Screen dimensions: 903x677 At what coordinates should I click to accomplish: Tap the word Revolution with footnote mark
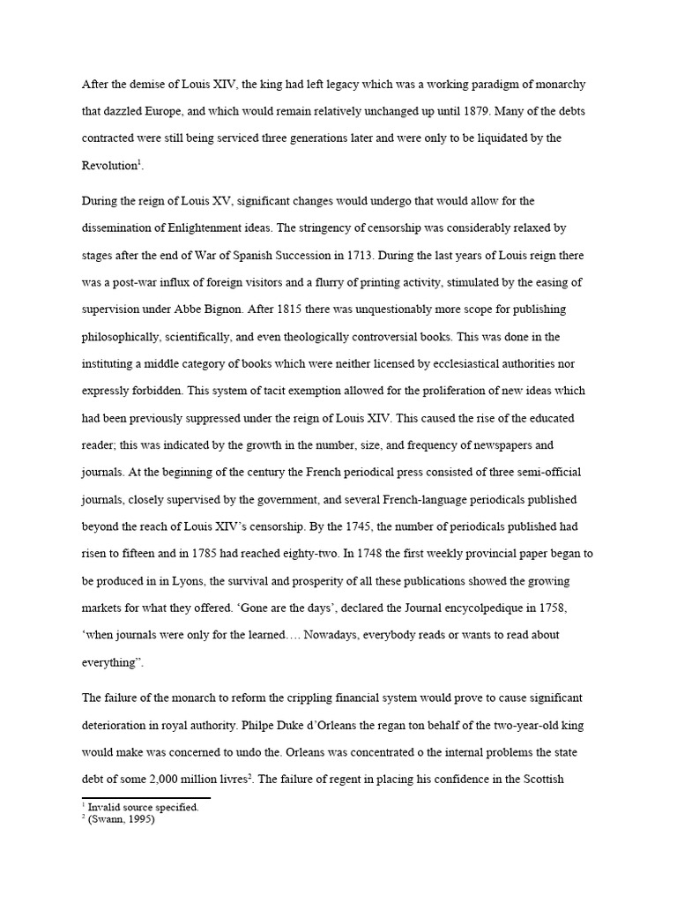[110, 166]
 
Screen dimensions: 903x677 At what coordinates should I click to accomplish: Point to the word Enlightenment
[240, 227]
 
